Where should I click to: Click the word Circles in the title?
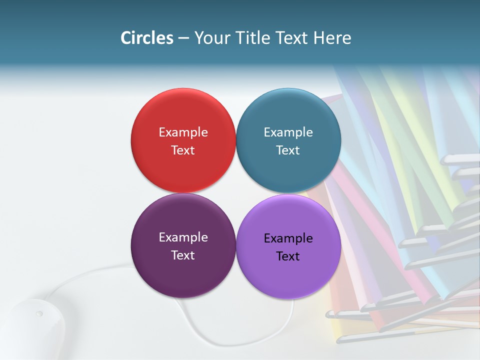147,38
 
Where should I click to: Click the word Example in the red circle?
183,132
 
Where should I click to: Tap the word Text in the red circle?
183,150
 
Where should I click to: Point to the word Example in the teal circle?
288,132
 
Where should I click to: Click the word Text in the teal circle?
288,150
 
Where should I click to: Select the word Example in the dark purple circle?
183,237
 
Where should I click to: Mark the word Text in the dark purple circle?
183,255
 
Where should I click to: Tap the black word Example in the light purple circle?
288,238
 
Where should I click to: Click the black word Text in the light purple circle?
288,256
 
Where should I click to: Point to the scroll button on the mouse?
39,314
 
